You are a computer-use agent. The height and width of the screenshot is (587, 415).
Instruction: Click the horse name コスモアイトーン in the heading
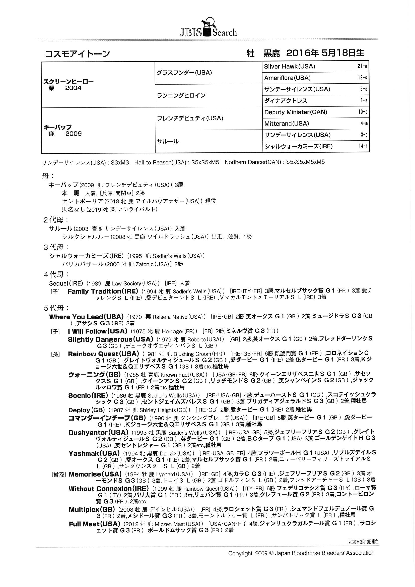pyautogui.click(x=78, y=54)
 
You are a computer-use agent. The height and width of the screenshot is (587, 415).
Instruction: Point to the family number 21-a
pyautogui.click(x=362, y=67)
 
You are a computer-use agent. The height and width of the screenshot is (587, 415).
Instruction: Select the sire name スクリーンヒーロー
pyautogui.click(x=68, y=82)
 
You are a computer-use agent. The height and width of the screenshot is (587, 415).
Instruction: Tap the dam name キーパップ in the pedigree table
pyautogui.click(x=57, y=127)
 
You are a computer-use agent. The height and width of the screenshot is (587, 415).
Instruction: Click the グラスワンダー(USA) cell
pyautogui.click(x=184, y=73)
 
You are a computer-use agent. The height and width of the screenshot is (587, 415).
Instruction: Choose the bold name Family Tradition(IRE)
pyautogui.click(x=103, y=291)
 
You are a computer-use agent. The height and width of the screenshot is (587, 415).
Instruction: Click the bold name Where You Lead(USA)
pyautogui.click(x=86, y=317)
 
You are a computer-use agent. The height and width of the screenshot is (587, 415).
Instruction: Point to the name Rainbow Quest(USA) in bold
pyautogui.click(x=103, y=354)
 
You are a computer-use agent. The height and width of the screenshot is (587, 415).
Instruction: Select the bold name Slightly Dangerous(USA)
pyautogui.click(x=110, y=339)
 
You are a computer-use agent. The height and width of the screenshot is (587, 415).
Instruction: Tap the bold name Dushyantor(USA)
pyautogui.click(x=98, y=433)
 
